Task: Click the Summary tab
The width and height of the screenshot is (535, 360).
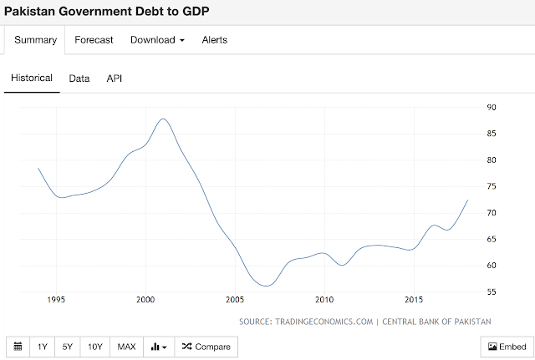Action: coord(35,39)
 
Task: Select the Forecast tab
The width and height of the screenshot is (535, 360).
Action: coord(94,39)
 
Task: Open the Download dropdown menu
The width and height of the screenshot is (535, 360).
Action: coord(157,39)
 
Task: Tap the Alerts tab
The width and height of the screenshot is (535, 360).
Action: coord(214,39)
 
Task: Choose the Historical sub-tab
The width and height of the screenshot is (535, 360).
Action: coord(32,78)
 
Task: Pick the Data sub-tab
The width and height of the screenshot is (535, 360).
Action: coord(79,78)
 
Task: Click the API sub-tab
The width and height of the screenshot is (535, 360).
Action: coord(115,78)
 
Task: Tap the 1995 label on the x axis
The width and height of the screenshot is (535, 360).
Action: coord(56,299)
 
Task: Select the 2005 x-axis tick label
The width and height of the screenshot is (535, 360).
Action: coord(235,299)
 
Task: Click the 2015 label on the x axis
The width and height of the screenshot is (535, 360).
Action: coord(414,299)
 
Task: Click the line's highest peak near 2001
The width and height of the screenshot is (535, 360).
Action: coord(163,119)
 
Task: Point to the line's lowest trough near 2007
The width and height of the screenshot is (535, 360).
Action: coord(266,286)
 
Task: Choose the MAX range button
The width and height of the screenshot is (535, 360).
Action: coord(126,347)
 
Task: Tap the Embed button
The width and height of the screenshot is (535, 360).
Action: coord(507,347)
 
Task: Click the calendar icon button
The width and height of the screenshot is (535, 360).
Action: coord(18,347)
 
